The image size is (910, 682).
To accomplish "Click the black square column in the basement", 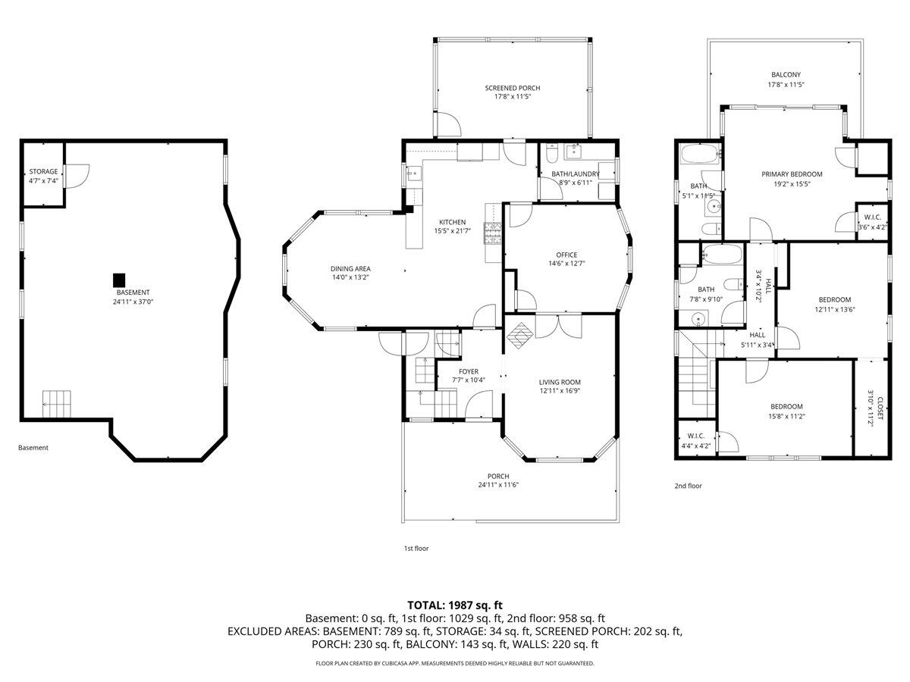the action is [119, 280].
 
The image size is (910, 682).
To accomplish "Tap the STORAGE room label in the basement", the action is [43, 171].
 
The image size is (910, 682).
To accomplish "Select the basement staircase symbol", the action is [56, 404].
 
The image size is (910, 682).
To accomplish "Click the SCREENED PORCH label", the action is [513, 88].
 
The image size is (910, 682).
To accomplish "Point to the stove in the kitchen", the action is [493, 233].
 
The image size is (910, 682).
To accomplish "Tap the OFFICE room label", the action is [566, 255].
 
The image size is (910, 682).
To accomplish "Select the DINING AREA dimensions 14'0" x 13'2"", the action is [350, 277].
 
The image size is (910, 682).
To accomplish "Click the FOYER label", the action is [469, 371].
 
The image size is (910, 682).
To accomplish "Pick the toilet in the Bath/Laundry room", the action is [552, 154].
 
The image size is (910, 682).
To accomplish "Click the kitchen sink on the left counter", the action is [414, 174].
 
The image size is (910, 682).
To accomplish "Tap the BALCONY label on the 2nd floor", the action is [786, 74].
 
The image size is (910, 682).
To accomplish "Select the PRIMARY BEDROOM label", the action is [792, 174].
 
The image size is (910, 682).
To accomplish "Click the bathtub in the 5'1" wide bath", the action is [701, 154].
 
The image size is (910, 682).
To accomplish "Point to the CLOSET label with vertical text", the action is [880, 408].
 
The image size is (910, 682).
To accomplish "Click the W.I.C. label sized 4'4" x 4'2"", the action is [695, 436].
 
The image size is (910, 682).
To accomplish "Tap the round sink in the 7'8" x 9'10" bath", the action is [699, 319].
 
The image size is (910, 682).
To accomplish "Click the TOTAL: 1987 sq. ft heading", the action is [455, 605].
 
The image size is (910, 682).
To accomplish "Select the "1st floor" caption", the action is [416, 548].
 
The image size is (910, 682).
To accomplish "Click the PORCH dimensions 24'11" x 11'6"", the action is [498, 485].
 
